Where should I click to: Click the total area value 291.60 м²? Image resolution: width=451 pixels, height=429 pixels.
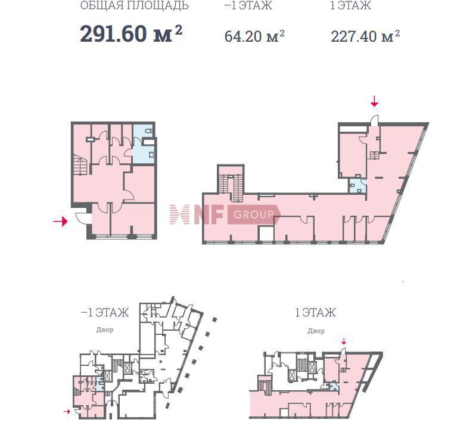131,33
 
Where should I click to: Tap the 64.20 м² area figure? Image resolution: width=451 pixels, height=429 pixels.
254,36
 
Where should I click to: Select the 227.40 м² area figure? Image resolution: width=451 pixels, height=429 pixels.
365,36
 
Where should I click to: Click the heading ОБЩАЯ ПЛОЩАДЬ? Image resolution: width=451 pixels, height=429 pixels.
134,5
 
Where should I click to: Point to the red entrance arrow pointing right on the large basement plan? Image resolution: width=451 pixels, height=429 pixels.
60,222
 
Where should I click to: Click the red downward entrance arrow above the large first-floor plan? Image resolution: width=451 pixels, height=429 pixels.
374,101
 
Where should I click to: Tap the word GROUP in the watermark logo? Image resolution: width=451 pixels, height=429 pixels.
253,214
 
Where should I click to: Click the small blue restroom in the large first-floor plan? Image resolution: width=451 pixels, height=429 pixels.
357,185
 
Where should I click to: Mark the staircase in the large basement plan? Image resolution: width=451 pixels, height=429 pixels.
80,165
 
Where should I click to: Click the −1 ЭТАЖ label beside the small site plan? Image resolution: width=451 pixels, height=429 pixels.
105,312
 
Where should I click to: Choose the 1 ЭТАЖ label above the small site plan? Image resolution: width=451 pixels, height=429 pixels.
315,312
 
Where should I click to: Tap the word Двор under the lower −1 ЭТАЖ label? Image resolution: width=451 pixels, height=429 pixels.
105,329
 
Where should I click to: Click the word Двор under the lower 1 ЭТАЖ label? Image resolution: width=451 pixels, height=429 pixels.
316,331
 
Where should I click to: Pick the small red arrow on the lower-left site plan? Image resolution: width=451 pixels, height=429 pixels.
67,412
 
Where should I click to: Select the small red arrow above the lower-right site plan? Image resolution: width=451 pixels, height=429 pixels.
344,341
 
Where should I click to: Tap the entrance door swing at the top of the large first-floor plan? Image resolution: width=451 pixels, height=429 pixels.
374,120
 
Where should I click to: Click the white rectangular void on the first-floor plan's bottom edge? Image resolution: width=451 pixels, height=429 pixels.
266,234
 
